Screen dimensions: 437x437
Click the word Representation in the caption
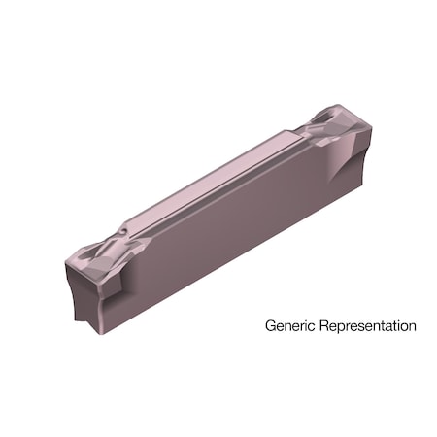click(x=365, y=326)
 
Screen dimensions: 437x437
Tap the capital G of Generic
click(x=271, y=325)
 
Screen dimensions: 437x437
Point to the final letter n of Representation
click(x=412, y=326)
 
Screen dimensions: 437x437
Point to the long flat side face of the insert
click(x=233, y=223)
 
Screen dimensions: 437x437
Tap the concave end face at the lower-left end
click(x=84, y=291)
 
